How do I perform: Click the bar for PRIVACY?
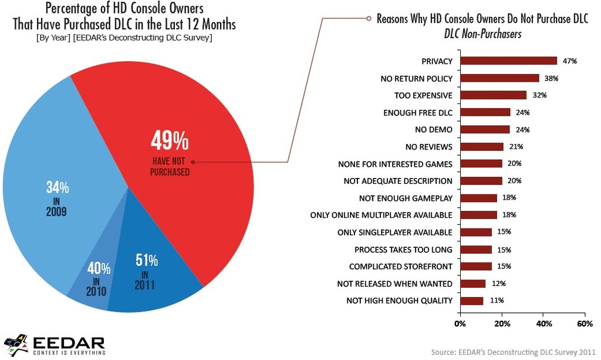pyautogui.click(x=508, y=60)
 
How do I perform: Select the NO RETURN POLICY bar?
pyautogui.click(x=499, y=78)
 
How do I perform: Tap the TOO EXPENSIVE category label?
pyautogui.click(x=423, y=95)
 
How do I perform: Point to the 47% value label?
pyautogui.click(x=570, y=60)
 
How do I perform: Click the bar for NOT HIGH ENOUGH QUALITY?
pyautogui.click(x=472, y=301)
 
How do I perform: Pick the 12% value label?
pyautogui.click(x=499, y=284)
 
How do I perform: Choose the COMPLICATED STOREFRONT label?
pyautogui.click(x=400, y=267)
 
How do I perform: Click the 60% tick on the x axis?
pyautogui.click(x=585, y=323)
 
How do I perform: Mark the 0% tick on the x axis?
pyautogui.click(x=460, y=323)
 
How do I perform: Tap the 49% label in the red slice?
pyautogui.click(x=170, y=142)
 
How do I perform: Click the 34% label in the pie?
pyautogui.click(x=58, y=188)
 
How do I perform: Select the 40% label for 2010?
pyautogui.click(x=99, y=269)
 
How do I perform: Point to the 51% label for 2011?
pyautogui.click(x=147, y=260)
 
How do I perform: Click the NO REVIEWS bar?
pyautogui.click(x=482, y=146)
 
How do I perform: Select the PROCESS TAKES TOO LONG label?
pyautogui.click(x=403, y=250)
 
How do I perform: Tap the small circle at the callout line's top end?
pyautogui.click(x=369, y=18)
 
